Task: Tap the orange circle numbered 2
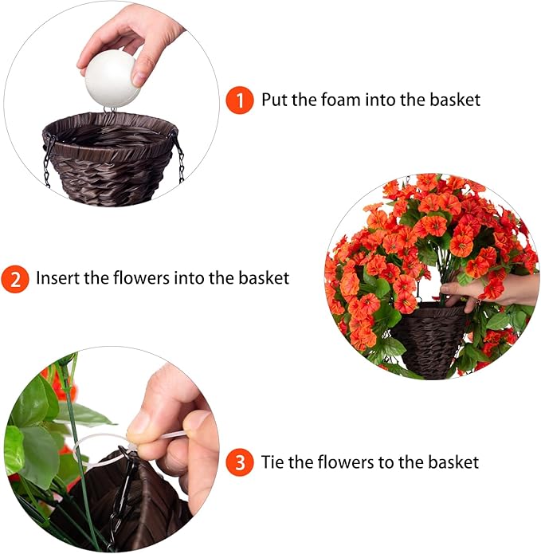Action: pyautogui.click(x=15, y=280)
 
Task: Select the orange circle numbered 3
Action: pyautogui.click(x=239, y=462)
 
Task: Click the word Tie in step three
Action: pyautogui.click(x=274, y=462)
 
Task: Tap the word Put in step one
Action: pyautogui.click(x=275, y=100)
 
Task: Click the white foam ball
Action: pyautogui.click(x=112, y=81)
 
